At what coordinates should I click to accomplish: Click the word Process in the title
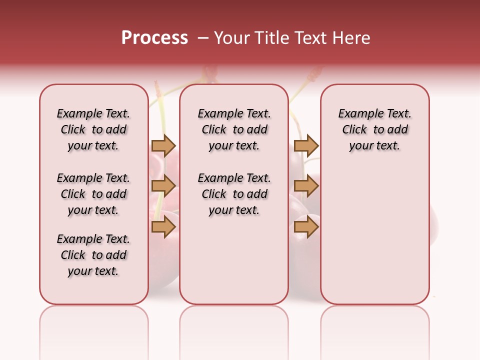[x=154, y=38]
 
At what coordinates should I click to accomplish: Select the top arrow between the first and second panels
[x=163, y=145]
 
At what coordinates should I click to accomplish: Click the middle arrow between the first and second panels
[x=163, y=186]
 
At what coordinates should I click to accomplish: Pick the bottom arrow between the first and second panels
[x=163, y=227]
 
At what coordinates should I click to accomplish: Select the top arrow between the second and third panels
[x=306, y=145]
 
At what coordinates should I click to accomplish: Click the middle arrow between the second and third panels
[x=306, y=186]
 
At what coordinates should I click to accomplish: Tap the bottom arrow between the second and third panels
[x=306, y=227]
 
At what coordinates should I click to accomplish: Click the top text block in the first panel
[x=93, y=129]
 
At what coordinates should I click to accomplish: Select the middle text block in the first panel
[x=93, y=194]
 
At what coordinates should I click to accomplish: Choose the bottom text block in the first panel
[x=93, y=255]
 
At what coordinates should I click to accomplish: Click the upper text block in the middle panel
[x=234, y=129]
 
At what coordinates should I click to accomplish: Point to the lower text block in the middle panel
[x=234, y=194]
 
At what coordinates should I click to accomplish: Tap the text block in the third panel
[x=375, y=129]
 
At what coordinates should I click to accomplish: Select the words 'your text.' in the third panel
[x=375, y=146]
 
